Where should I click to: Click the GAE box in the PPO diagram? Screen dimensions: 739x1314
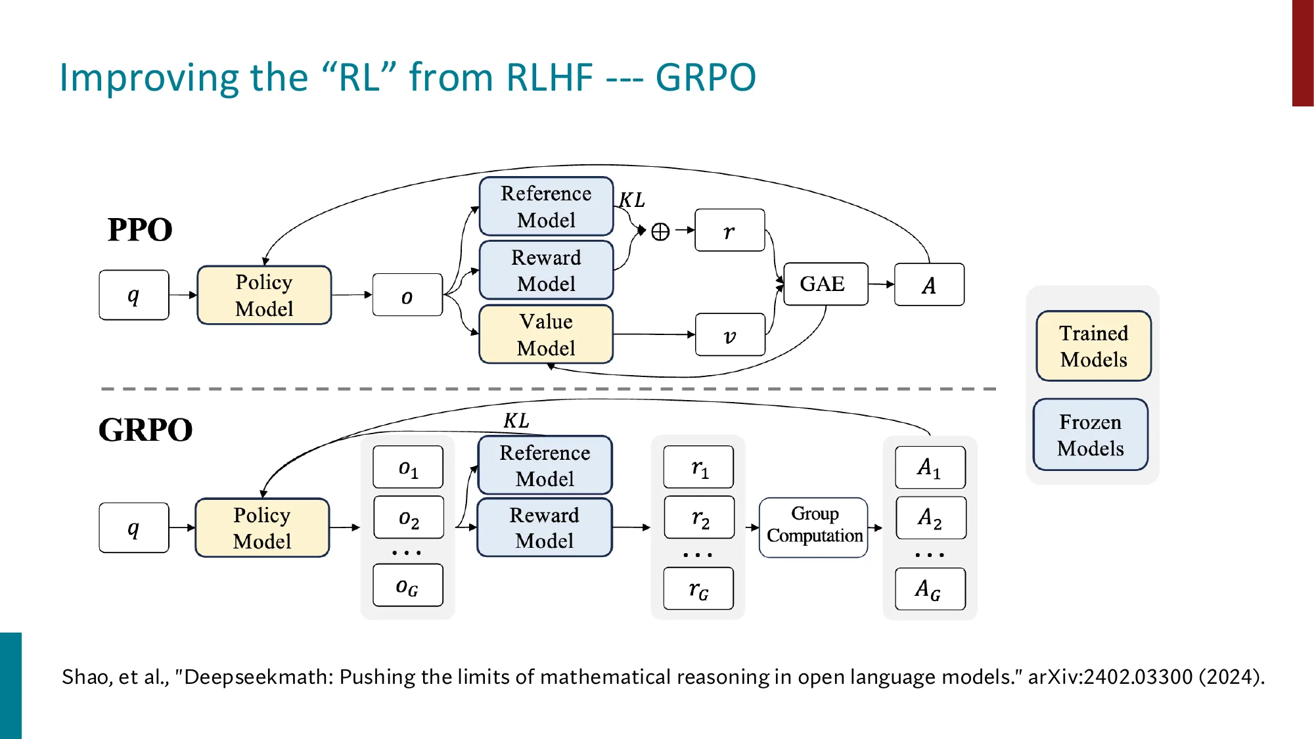point(825,284)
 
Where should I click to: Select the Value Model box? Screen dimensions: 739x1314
point(546,334)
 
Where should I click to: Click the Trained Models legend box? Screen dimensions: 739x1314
point(1093,346)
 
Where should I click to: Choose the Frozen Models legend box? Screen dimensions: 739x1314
point(1091,435)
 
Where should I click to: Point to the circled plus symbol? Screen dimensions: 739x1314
point(660,231)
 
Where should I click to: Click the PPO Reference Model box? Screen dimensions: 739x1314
point(546,206)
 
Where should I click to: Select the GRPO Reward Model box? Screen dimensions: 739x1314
point(544,527)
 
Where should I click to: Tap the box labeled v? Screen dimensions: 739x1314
point(730,335)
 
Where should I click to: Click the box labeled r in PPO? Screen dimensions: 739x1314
point(729,231)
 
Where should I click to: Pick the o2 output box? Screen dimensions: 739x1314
point(408,518)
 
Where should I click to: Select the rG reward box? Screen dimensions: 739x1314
point(698,589)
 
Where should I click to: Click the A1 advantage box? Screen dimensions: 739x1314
point(930,467)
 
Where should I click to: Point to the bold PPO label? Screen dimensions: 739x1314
point(140,230)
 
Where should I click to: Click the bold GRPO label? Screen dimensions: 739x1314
point(145,430)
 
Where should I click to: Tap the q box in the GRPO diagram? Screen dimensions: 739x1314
point(134,527)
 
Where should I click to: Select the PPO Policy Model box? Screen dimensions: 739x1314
point(264,295)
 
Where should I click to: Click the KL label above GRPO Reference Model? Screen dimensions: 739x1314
point(516,420)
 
